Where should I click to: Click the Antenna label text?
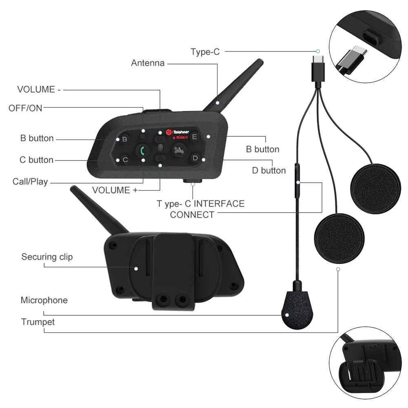[148, 63]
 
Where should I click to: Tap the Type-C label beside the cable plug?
[205, 52]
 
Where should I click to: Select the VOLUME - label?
[39, 89]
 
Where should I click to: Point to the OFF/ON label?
[25, 108]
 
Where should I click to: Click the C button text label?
[36, 160]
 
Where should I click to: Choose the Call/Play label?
[30, 182]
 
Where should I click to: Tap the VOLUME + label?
[115, 190]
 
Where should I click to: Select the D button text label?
[269, 171]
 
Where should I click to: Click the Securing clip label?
[47, 257]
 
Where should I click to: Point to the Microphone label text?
[44, 300]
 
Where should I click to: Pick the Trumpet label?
[38, 322]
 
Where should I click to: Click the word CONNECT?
[192, 215]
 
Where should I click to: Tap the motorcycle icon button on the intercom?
[179, 150]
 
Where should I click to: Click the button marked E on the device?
[194, 137]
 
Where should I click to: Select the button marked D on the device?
[195, 158]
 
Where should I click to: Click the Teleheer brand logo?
[177, 132]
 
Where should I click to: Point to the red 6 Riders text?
[180, 137]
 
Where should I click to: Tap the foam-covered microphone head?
[297, 310]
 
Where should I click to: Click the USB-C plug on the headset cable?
[318, 69]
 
